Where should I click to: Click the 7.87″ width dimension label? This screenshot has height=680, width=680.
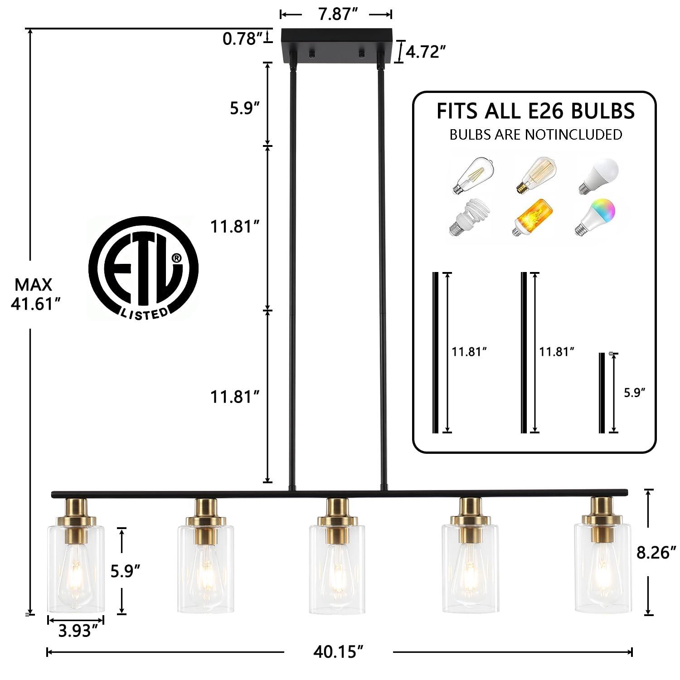coord(335,14)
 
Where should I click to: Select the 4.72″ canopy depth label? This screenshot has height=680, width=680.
coord(423,52)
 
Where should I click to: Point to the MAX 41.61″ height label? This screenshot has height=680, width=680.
coord(35,294)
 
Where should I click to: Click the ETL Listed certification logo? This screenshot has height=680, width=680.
coord(143,268)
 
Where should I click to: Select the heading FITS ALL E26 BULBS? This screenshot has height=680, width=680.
coord(535,111)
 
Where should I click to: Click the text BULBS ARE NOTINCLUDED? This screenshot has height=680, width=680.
coord(535,135)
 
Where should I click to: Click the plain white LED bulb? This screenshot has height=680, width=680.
coord(599,176)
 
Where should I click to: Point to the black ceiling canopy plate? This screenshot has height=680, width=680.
coord(336,46)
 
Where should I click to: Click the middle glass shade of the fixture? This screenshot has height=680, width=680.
coord(337,569)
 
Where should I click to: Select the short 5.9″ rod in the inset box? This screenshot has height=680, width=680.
coord(602,393)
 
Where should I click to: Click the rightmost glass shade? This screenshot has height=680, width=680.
coord(602,568)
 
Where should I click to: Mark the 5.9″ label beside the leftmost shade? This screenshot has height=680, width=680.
coord(125,571)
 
